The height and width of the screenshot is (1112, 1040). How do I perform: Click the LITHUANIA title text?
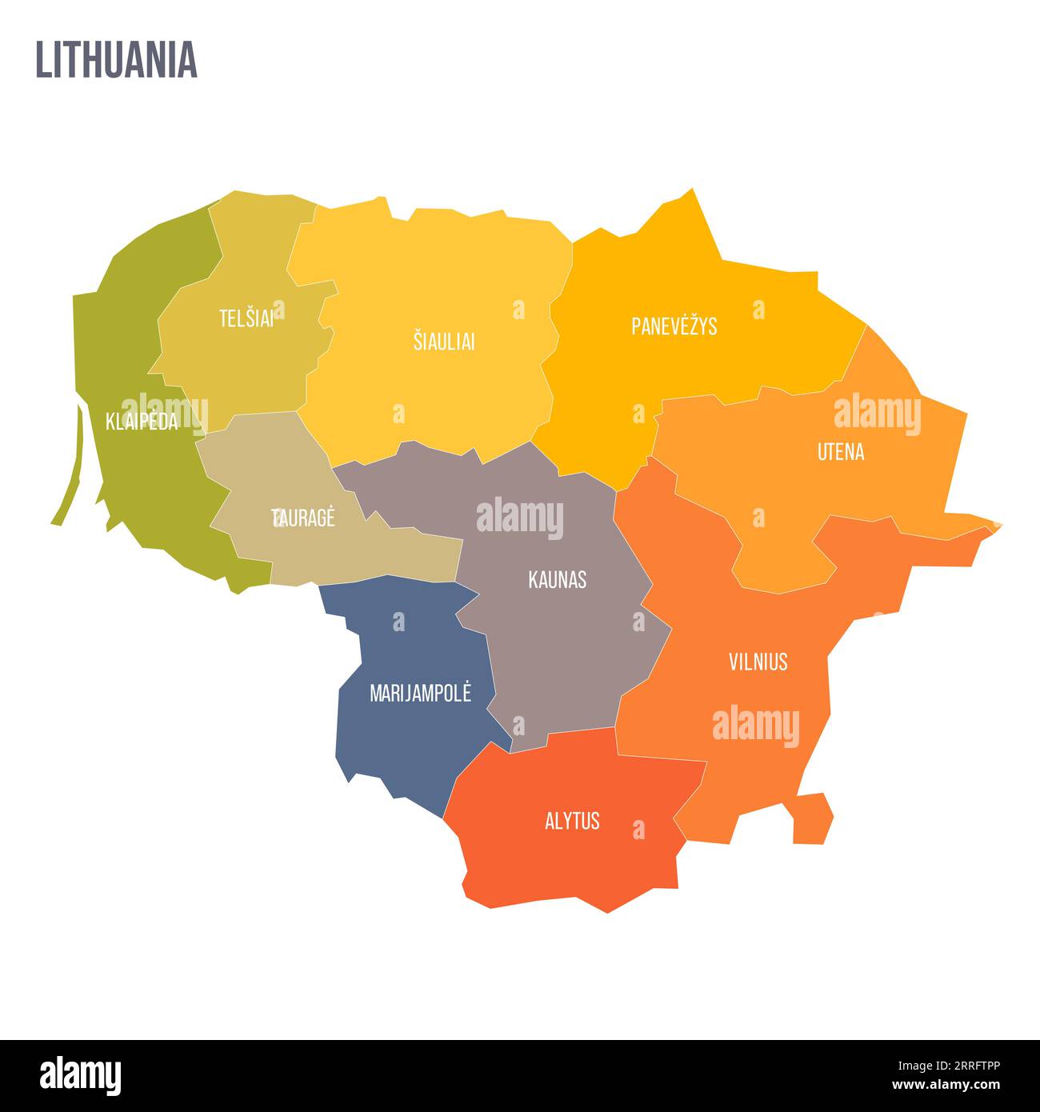pyautogui.click(x=116, y=59)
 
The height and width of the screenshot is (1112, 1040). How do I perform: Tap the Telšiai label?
pyautogui.click(x=246, y=318)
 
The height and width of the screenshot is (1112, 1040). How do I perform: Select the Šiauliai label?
pyautogui.click(x=444, y=342)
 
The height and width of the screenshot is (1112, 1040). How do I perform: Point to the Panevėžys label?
pyautogui.click(x=674, y=326)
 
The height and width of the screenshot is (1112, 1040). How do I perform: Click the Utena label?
pyautogui.click(x=840, y=452)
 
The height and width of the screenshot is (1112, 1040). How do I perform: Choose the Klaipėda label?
pyautogui.click(x=142, y=422)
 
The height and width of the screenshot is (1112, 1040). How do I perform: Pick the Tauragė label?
pyautogui.click(x=303, y=518)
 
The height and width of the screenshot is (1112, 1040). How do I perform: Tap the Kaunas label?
pyautogui.click(x=557, y=580)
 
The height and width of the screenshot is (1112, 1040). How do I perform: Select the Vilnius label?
pyautogui.click(x=758, y=662)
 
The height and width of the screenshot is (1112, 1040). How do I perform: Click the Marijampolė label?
pyautogui.click(x=420, y=693)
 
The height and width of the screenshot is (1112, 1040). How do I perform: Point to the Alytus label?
pyautogui.click(x=572, y=821)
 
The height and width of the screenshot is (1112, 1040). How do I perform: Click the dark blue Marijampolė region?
pyautogui.click(x=408, y=744)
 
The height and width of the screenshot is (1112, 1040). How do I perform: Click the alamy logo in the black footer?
pyautogui.click(x=80, y=1075)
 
